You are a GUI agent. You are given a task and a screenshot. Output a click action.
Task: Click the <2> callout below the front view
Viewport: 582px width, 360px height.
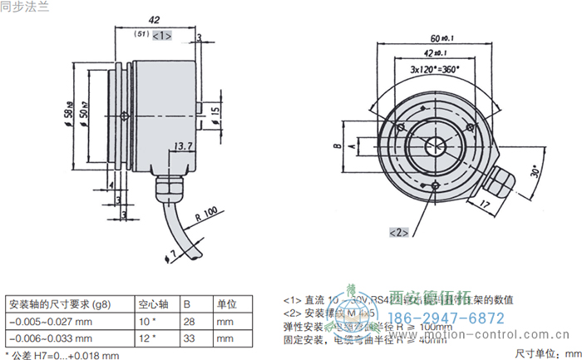[x=398, y=232]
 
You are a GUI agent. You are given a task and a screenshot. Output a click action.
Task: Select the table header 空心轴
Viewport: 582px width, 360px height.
[x=153, y=303]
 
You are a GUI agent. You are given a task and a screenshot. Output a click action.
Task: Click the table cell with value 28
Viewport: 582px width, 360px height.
[x=190, y=321]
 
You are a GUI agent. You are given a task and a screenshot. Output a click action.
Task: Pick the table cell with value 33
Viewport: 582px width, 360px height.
[x=190, y=338]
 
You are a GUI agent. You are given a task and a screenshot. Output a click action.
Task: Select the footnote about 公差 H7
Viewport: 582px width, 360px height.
[x=62, y=354]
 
